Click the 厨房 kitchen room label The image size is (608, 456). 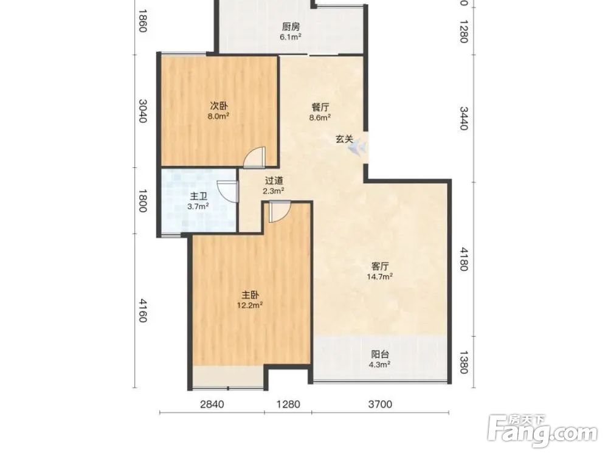(291, 27)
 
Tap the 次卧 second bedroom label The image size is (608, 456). (219, 106)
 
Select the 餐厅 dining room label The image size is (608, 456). (320, 108)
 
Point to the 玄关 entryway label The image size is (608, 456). (344, 139)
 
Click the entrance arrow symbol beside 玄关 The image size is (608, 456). (358, 147)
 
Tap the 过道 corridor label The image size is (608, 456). (274, 181)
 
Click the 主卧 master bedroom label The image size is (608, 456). (250, 295)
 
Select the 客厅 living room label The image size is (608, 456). (380, 266)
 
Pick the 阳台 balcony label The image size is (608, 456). (380, 354)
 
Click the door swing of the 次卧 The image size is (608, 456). (254, 157)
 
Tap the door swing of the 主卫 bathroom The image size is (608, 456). (227, 191)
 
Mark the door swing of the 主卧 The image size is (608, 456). (279, 212)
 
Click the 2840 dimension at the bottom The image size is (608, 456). (212, 404)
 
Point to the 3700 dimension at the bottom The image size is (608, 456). (380, 404)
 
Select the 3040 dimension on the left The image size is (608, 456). (143, 111)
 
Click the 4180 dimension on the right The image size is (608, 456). (464, 259)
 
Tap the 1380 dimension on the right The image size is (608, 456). (464, 362)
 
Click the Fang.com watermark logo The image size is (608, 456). (542, 431)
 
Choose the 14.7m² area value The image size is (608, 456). (380, 277)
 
